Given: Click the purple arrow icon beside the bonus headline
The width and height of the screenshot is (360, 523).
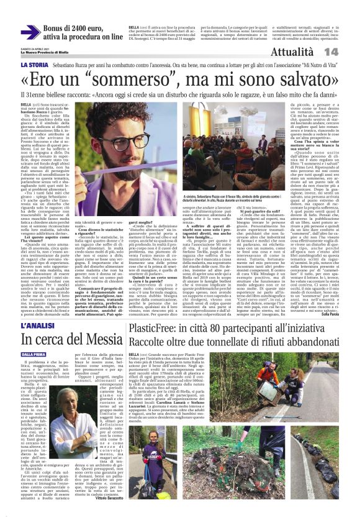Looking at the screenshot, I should (x=30, y=33).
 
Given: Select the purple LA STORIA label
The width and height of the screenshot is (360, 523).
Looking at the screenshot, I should (x=38, y=65).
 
